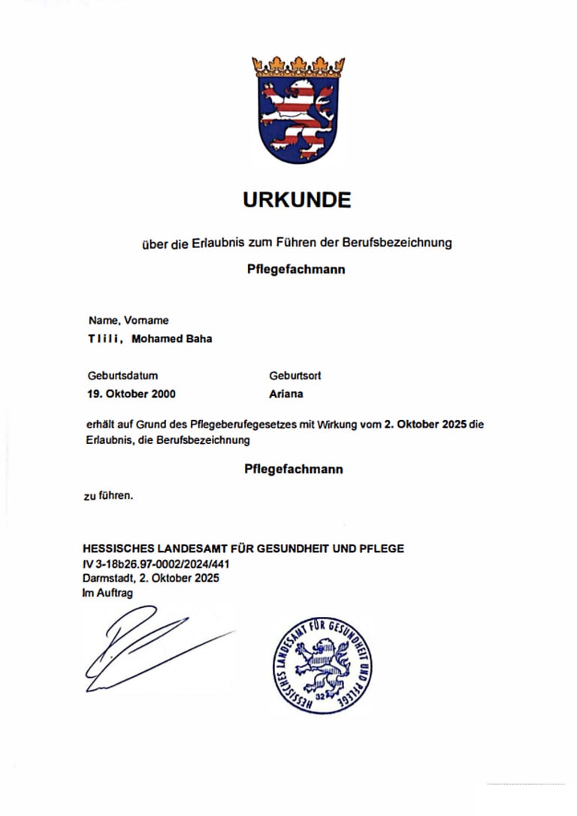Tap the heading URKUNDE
point(297,200)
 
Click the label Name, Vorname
point(128,320)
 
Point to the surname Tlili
point(104,339)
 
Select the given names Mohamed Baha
point(171,339)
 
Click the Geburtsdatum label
point(122,375)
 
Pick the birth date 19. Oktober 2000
point(132,394)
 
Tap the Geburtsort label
point(295,375)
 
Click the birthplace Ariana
point(285,394)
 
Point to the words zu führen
point(108,495)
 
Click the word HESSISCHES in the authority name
point(118,549)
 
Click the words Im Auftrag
point(107,592)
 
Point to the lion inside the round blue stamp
point(321,663)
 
